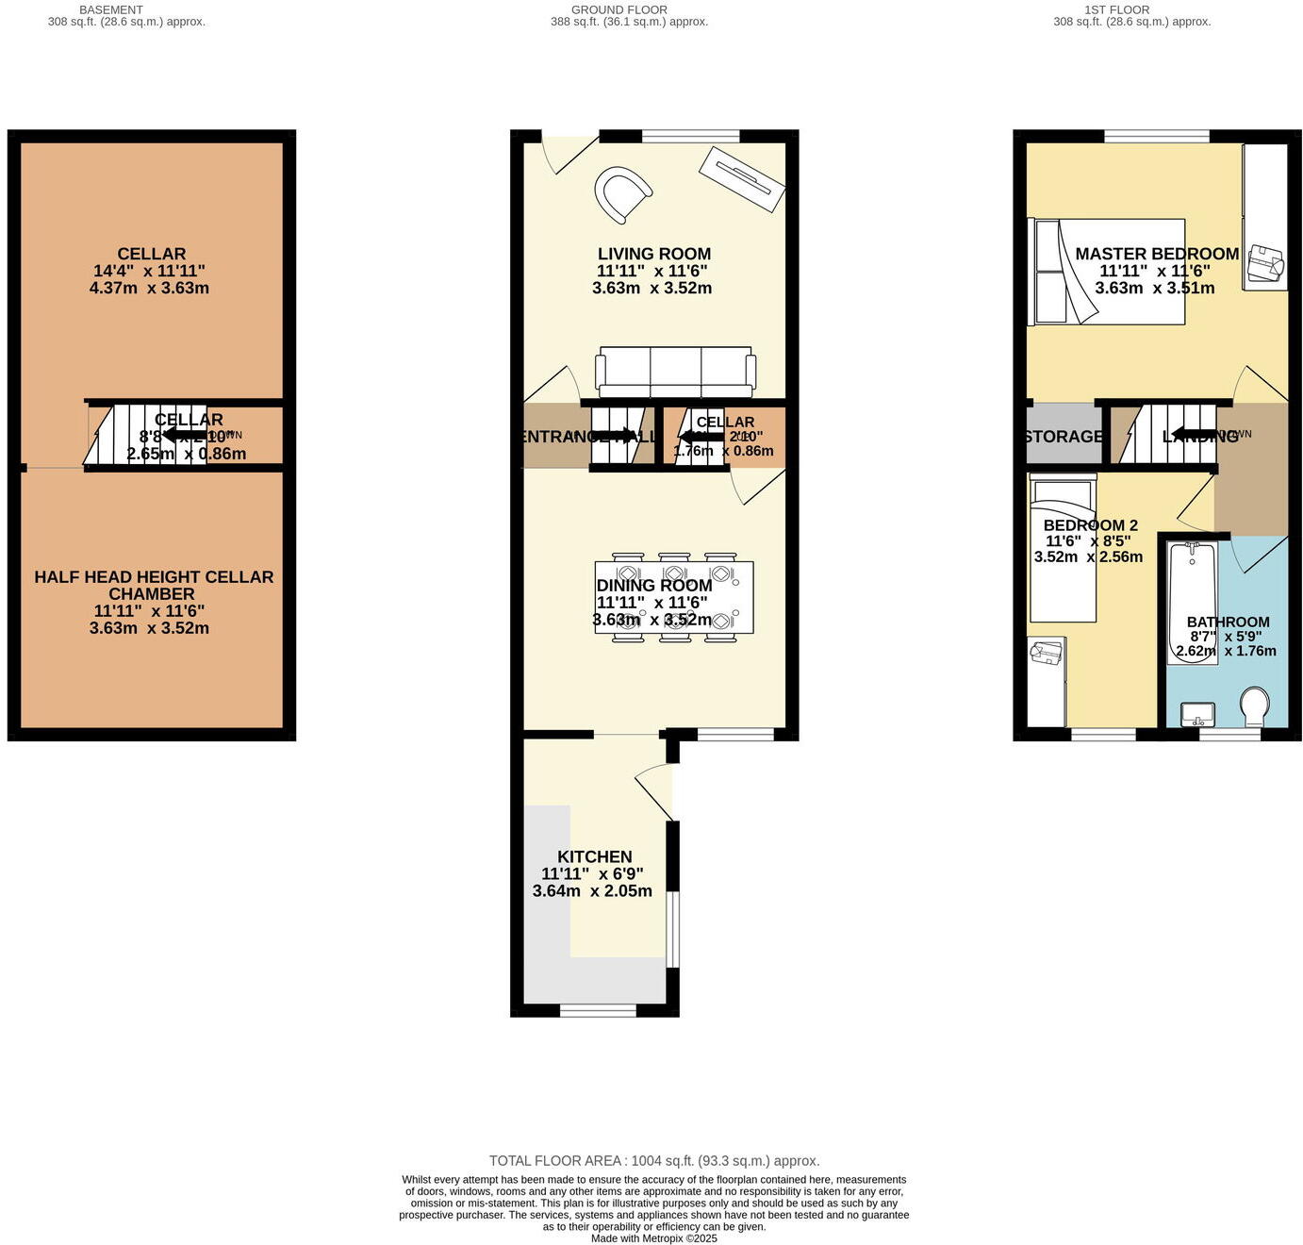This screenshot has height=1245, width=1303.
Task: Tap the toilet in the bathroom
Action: [x=1254, y=705]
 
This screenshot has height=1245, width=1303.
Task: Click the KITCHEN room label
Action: [x=594, y=856]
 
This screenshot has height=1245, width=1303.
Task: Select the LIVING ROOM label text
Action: [x=653, y=254]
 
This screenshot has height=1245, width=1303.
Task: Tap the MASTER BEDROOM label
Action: [x=1156, y=254]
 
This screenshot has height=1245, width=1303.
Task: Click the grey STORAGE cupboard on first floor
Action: [x=1063, y=436]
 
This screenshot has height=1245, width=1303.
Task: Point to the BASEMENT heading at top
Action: [x=111, y=9]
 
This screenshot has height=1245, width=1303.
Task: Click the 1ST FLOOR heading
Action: [x=1116, y=9]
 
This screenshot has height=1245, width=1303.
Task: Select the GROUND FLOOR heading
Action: [x=619, y=9]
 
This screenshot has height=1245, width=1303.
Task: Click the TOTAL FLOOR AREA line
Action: [x=653, y=1161]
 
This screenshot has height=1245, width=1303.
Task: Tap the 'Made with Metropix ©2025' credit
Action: [x=653, y=1238]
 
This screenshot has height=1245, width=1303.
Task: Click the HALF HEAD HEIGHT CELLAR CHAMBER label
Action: [x=154, y=585]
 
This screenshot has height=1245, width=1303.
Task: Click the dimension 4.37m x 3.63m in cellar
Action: [x=149, y=288]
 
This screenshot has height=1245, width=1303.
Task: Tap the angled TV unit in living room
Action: [x=741, y=179]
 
